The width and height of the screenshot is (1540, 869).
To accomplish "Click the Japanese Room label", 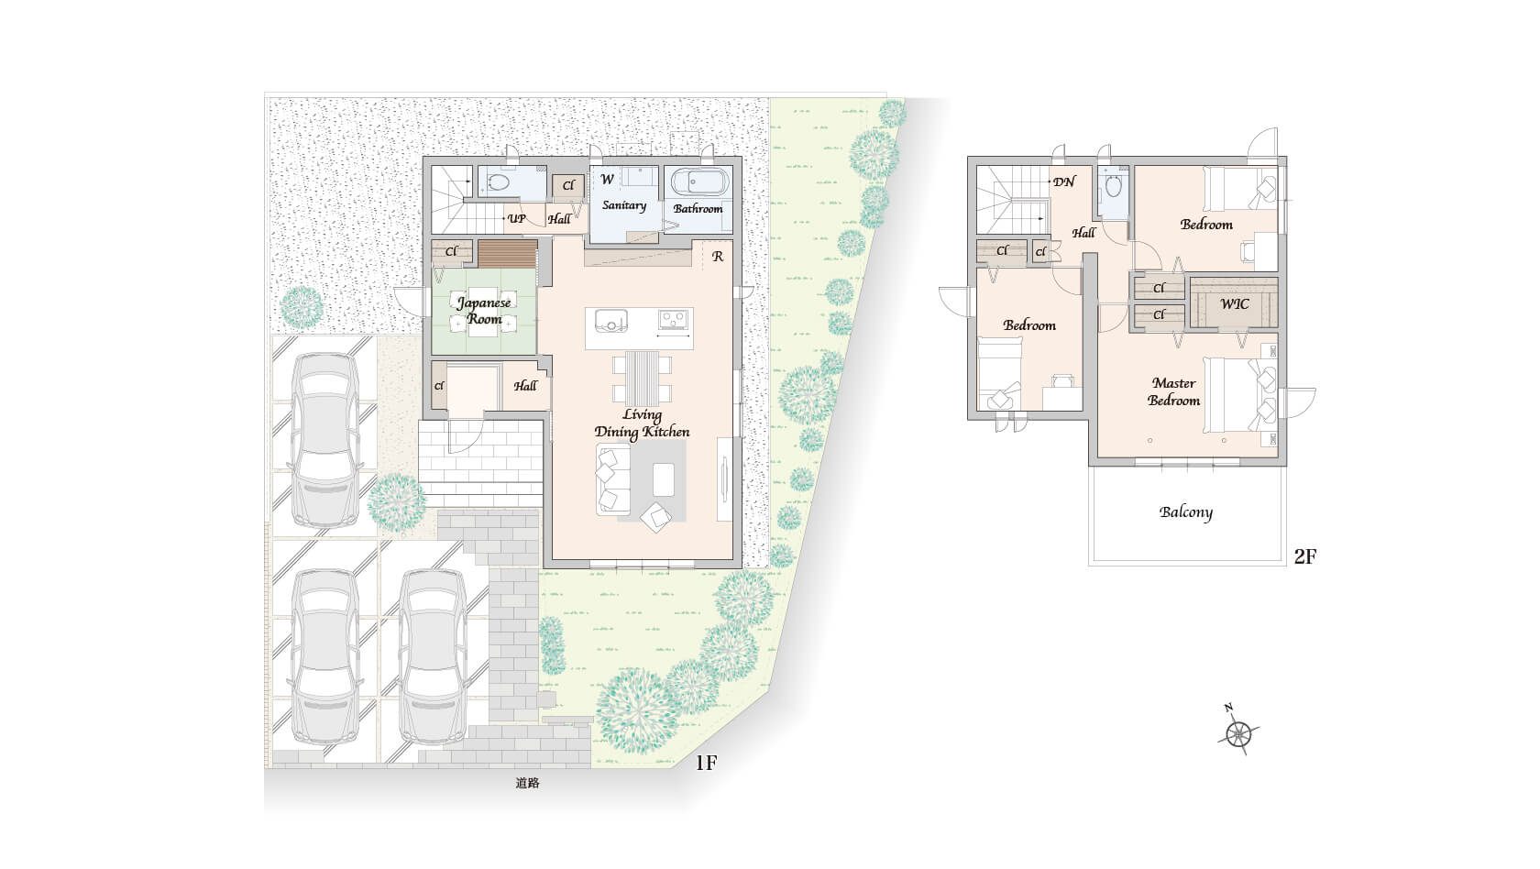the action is [484, 311].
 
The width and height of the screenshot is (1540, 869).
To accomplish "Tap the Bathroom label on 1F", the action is [698, 208].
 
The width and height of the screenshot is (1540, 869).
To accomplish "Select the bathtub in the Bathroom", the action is [700, 182].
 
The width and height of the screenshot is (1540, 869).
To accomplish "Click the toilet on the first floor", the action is [498, 183].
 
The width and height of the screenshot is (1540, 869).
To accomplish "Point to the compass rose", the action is [1239, 733].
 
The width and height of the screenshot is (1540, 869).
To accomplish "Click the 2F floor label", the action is [1305, 556].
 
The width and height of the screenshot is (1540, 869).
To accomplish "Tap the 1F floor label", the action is [706, 763].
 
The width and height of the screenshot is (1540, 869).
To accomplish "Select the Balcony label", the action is [1186, 512].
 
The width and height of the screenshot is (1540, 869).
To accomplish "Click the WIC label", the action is [1234, 304].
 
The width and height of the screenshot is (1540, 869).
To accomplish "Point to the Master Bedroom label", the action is [1173, 392].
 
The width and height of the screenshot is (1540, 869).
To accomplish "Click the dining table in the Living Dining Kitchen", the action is [642, 379].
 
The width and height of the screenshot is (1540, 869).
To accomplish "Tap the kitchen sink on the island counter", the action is [610, 321].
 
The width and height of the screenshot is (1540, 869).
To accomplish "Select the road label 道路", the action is [527, 783].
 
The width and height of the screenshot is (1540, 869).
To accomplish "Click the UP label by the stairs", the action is [516, 218].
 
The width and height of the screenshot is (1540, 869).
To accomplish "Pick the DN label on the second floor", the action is [1064, 182].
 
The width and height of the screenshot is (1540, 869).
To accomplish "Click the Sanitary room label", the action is [624, 205].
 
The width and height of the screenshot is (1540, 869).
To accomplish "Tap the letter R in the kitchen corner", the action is [718, 257].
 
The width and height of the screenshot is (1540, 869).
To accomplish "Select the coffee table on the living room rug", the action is [664, 479].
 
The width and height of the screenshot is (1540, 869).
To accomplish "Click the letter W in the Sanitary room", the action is [608, 180].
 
